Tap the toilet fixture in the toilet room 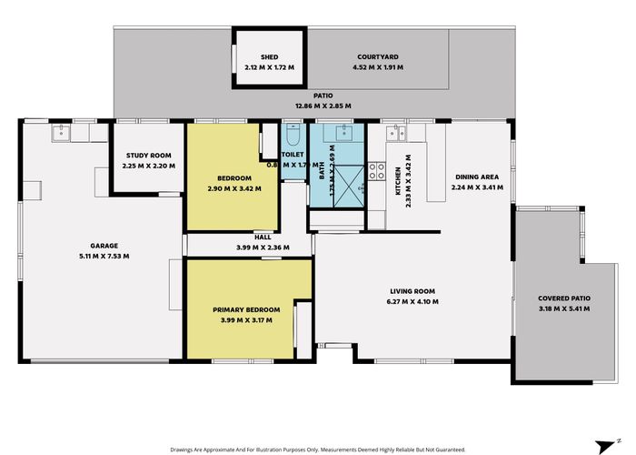293,137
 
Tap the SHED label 268,57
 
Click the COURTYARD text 379,57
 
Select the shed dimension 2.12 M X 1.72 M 268,68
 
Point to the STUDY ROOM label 148,156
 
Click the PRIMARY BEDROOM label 246,309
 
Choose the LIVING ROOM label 412,290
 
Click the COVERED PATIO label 564,298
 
